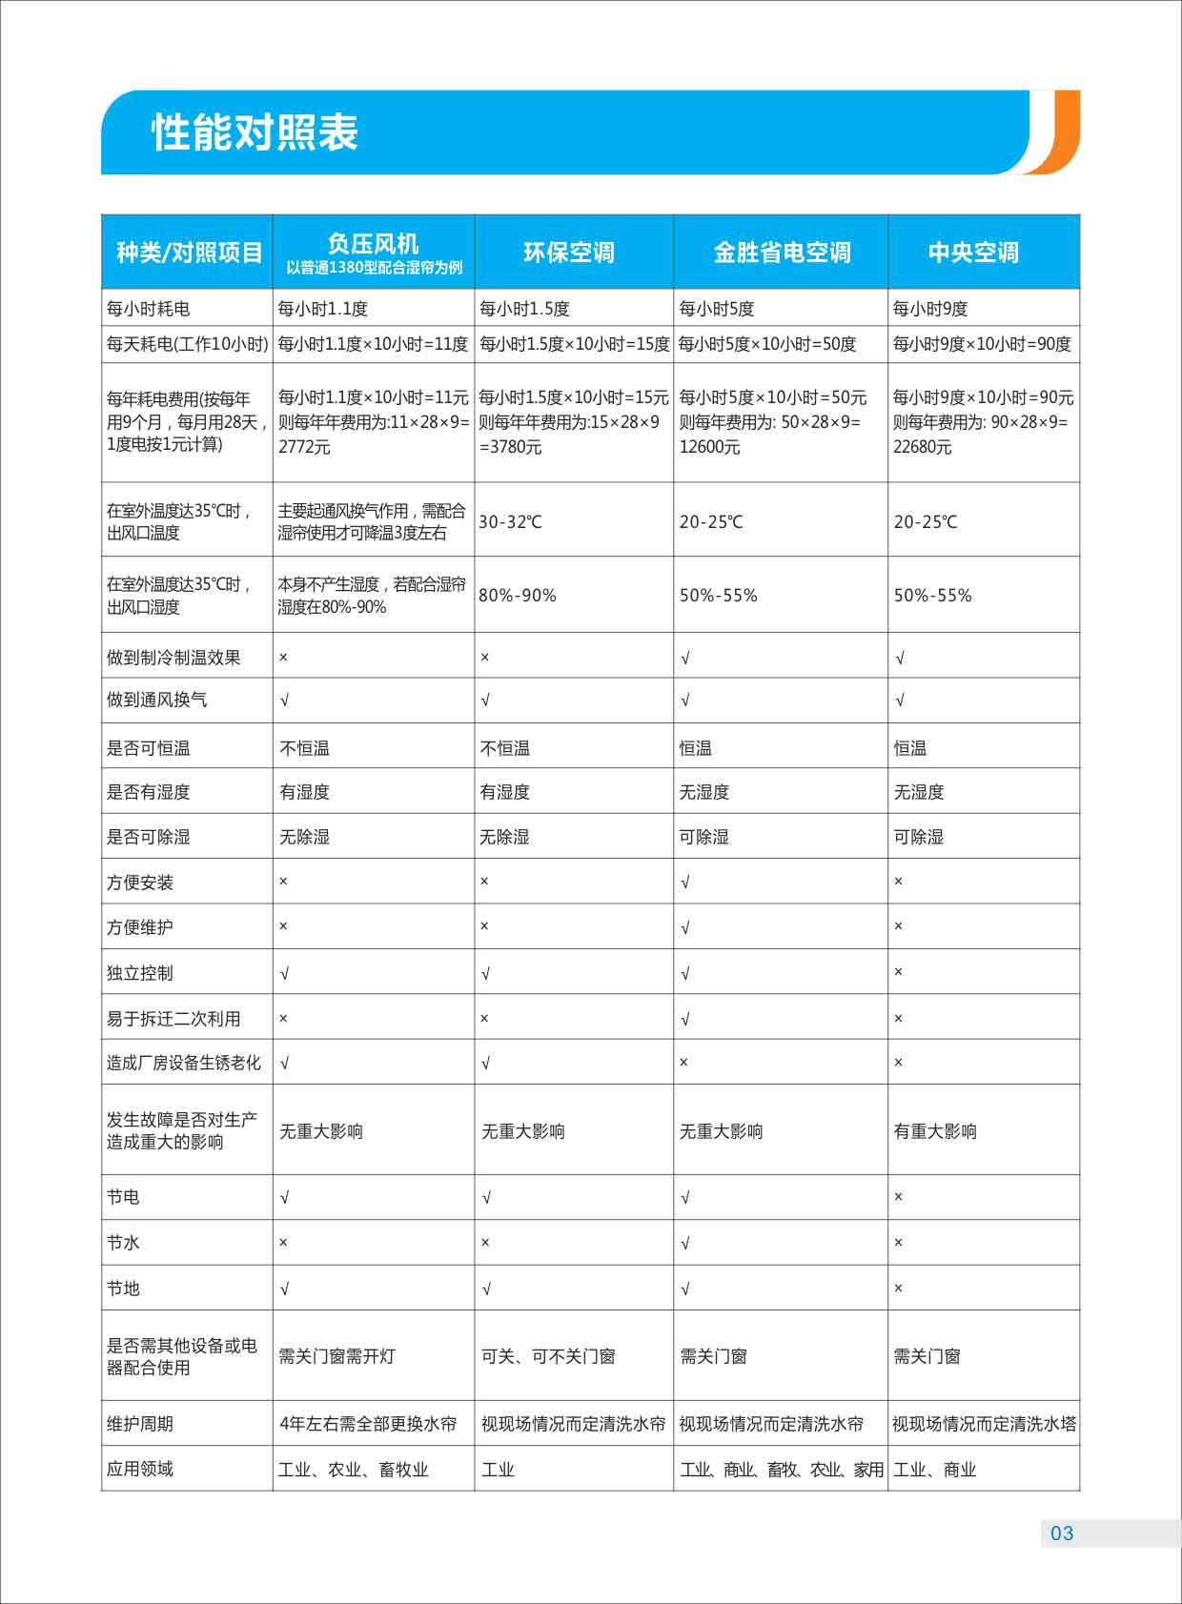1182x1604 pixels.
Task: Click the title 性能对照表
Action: pos(255,132)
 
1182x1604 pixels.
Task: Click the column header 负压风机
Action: pos(373,244)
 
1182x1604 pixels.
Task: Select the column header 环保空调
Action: pos(569,253)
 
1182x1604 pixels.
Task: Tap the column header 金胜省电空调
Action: pos(782,253)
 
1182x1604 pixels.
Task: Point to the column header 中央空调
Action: pos(973,253)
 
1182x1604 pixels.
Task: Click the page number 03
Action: pos(1061,1533)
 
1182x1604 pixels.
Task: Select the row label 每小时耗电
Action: pos(149,309)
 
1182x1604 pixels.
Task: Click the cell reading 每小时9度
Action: pos(929,309)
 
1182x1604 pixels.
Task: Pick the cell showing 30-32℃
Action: pos(510,522)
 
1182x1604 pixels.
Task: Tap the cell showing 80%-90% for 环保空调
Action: pos(518,596)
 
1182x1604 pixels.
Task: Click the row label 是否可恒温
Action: pos(149,748)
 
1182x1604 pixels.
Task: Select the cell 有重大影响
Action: pos(935,1131)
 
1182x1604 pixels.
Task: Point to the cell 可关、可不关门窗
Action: pos(548,1356)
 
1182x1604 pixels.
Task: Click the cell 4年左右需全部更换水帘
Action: pos(368,1424)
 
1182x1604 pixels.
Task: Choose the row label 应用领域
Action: pos(140,1469)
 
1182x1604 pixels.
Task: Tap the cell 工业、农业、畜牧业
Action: pos(354,1470)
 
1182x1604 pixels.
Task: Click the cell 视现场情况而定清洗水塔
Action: pos(984,1424)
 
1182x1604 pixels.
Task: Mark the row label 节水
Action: pos(123,1243)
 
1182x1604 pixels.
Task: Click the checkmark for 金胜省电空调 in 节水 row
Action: pos(685,1244)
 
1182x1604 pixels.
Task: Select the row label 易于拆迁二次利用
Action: pos(173,1019)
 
